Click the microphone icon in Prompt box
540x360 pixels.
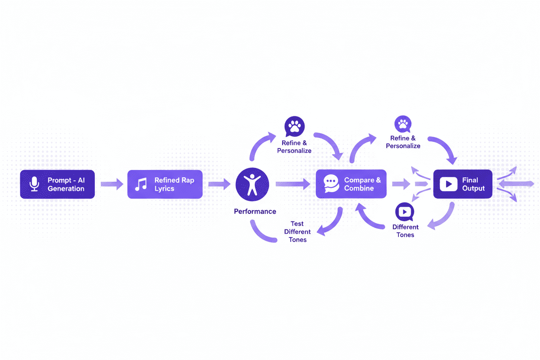click(34, 184)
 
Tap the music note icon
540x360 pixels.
click(141, 184)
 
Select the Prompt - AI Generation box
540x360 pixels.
click(58, 184)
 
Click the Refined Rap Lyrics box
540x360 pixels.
click(165, 184)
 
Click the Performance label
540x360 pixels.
click(255, 212)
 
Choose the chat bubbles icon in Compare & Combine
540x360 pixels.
click(331, 184)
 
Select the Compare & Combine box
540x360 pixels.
click(351, 184)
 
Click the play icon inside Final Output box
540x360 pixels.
click(448, 184)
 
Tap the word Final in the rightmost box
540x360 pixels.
click(470, 180)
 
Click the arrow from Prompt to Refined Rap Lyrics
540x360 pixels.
click(112, 184)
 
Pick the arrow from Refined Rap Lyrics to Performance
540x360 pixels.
click(219, 184)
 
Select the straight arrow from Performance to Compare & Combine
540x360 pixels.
click(293, 184)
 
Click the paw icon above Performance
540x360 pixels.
click(294, 126)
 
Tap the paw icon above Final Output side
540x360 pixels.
click(403, 124)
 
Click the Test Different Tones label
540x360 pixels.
click(298, 232)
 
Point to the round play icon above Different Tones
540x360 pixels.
click(405, 212)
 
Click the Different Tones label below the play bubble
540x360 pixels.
click(405, 231)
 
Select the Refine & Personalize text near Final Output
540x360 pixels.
click(403, 142)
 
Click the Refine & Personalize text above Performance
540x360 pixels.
click(294, 147)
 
